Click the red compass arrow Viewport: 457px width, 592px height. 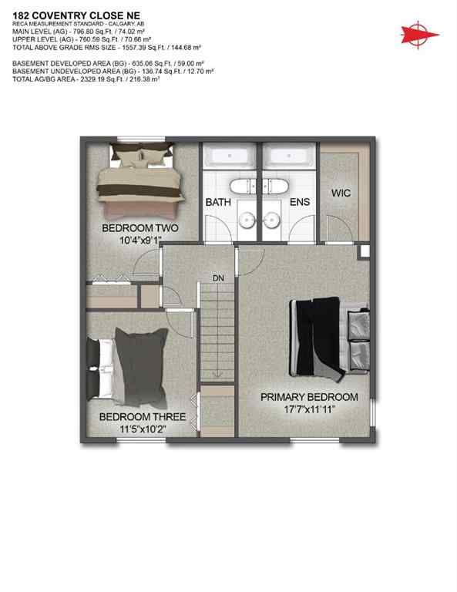tap(419, 33)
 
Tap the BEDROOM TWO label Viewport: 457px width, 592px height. tap(141, 229)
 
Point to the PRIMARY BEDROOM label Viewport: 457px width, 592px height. tap(309, 397)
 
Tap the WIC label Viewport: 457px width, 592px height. tap(341, 193)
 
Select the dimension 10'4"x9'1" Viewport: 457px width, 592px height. tap(141, 240)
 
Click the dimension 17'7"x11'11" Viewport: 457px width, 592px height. tap(309, 409)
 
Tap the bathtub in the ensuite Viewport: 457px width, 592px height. tap(287, 155)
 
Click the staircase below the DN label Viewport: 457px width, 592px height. tap(217, 331)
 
